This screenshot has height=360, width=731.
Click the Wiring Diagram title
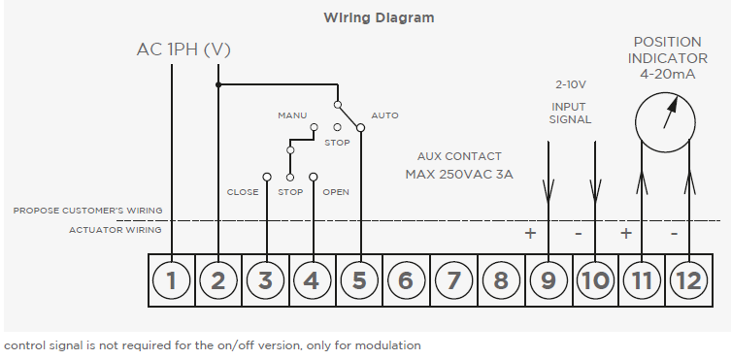(379, 18)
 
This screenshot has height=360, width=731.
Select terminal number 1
(172, 280)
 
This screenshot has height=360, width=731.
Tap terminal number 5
(359, 280)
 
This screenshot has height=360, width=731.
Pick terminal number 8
(501, 280)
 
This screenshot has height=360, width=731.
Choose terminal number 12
(688, 280)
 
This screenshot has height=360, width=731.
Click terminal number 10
(595, 280)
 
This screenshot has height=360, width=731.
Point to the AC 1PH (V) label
(183, 49)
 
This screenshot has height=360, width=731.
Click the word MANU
(292, 115)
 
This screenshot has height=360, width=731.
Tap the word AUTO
(384, 115)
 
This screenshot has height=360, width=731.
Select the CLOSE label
(243, 192)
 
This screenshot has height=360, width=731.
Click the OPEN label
(336, 192)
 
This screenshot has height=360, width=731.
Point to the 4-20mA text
(668, 75)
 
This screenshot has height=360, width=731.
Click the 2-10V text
(571, 84)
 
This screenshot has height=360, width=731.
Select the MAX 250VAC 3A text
(459, 175)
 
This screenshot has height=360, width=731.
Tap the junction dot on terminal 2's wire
(218, 84)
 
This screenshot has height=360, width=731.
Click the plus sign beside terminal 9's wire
(530, 233)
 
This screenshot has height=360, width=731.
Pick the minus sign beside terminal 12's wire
(674, 233)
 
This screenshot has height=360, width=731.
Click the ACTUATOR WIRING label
(116, 230)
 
